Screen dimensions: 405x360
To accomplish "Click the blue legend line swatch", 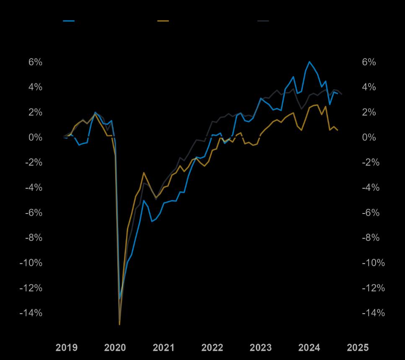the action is pyautogui.click(x=69, y=21).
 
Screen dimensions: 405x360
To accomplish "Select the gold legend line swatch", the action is pyautogui.click(x=163, y=21).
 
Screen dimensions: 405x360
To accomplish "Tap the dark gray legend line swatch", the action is pyautogui.click(x=263, y=21).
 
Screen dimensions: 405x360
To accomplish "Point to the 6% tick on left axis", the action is pyautogui.click(x=35, y=62).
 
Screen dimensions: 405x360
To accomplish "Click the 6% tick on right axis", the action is pyautogui.click(x=369, y=62).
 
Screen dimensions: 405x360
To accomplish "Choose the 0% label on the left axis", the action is pyautogui.click(x=35, y=137).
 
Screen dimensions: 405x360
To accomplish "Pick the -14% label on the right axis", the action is pyautogui.click(x=373, y=313).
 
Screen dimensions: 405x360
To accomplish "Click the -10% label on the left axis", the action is pyautogui.click(x=31, y=263).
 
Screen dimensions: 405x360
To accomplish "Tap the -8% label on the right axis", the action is pyautogui.click(x=371, y=238).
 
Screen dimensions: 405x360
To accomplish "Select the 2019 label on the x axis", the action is pyautogui.click(x=67, y=347).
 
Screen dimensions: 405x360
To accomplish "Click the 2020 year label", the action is pyautogui.click(x=115, y=347).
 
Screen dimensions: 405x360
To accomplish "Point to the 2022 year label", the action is pyautogui.click(x=212, y=347).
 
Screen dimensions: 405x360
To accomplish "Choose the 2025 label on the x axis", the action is pyautogui.click(x=358, y=347).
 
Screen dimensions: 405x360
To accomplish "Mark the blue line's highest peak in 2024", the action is pyautogui.click(x=310, y=62).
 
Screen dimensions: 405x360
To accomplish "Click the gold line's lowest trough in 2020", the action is pyautogui.click(x=120, y=324).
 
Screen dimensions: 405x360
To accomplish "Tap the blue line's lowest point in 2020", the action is pyautogui.click(x=120, y=299).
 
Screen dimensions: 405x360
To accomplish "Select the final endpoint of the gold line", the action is pyautogui.click(x=338, y=130).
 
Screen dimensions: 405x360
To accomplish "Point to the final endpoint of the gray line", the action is pyautogui.click(x=342, y=94).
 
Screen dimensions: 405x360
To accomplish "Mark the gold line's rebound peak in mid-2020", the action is pyautogui.click(x=144, y=173).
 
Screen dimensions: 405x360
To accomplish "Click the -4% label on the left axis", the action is pyautogui.click(x=34, y=188).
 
